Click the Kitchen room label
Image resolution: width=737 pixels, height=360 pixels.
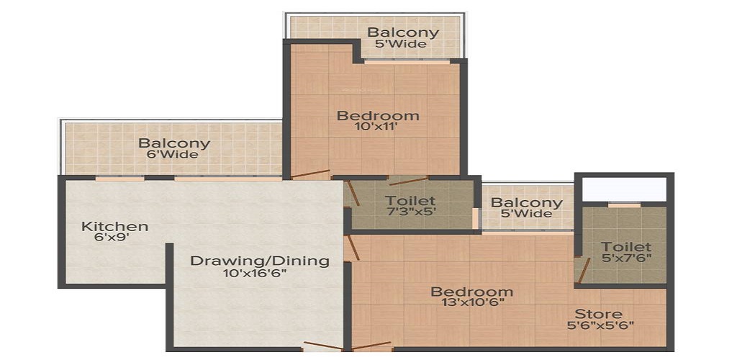tap(114, 227)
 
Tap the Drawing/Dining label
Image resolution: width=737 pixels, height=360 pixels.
tap(259, 261)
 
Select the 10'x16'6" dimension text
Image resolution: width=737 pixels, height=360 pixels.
tap(256, 274)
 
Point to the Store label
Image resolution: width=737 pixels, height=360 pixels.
tap(598, 313)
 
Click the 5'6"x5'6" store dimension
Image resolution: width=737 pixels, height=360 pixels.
tap(601, 325)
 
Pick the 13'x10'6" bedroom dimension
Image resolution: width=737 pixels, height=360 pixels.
tap(473, 302)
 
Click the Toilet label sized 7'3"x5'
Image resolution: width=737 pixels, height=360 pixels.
tap(410, 201)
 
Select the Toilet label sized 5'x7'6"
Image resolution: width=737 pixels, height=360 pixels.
tap(627, 247)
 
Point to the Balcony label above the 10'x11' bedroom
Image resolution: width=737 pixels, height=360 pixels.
tap(403, 32)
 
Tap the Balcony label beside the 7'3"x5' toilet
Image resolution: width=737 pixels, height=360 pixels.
tap(526, 203)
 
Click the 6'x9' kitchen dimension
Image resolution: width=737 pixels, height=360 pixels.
tap(112, 238)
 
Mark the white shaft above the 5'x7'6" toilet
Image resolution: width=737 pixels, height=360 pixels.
tap(624, 189)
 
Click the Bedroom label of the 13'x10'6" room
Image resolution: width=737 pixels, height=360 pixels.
tap(472, 292)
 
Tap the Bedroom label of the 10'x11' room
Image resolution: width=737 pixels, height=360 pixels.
tap(378, 115)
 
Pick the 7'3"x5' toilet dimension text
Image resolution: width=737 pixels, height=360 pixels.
tap(411, 211)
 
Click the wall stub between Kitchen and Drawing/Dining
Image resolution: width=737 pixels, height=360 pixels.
tap(169, 264)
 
